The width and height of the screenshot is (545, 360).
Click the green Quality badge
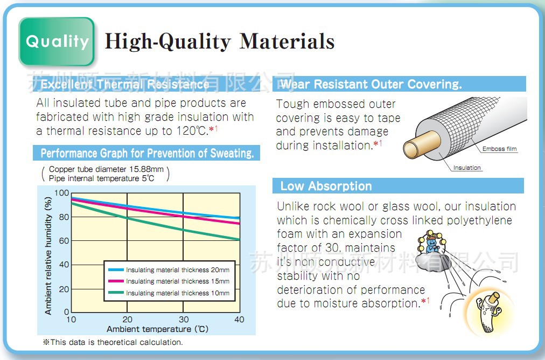pyautogui.click(x=57, y=41)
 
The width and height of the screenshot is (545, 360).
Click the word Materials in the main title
pyautogui.click(x=287, y=41)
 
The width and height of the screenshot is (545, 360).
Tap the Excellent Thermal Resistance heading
pyautogui.click(x=125, y=84)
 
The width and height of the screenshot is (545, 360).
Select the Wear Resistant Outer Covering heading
pyautogui.click(x=371, y=84)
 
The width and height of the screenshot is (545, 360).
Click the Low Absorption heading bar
pyautogui.click(x=398, y=186)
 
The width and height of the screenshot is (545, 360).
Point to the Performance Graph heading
pyautogui.click(x=147, y=153)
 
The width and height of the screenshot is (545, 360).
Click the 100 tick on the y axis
pyautogui.click(x=61, y=193)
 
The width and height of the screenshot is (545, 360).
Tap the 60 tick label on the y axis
pyautogui.click(x=64, y=241)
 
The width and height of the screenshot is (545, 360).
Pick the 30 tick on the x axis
pyautogui.click(x=184, y=319)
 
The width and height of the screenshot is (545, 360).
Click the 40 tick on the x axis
pyautogui.click(x=239, y=319)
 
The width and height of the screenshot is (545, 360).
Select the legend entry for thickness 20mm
pyautogui.click(x=169, y=270)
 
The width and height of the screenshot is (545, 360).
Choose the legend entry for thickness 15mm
pyautogui.click(x=169, y=281)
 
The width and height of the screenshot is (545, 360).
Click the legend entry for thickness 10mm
pyautogui.click(x=169, y=293)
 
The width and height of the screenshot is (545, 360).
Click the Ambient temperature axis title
pyautogui.click(x=157, y=329)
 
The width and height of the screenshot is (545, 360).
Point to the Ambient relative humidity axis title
pyautogui.click(x=48, y=256)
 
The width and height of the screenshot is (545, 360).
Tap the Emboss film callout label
pyautogui.click(x=499, y=149)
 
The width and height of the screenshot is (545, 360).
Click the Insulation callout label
pyautogui.click(x=467, y=168)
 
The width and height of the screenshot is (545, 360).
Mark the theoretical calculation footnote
pyautogui.click(x=113, y=342)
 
